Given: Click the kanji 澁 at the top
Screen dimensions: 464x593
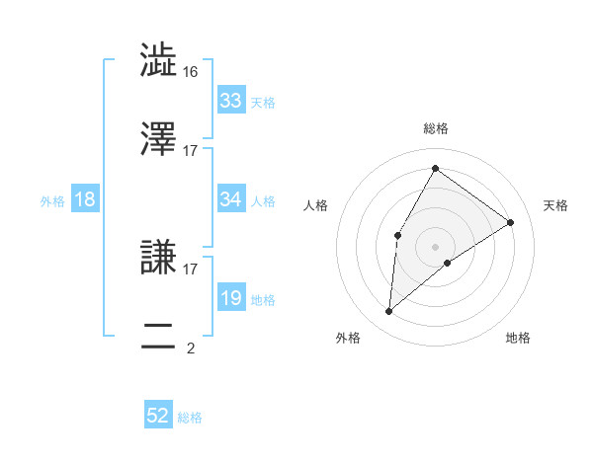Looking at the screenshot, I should tap(159, 61).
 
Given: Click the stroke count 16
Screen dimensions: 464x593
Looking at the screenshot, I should tap(191, 71).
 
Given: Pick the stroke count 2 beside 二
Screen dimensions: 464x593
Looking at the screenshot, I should tap(191, 348).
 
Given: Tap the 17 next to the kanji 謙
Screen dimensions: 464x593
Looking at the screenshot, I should tap(191, 268).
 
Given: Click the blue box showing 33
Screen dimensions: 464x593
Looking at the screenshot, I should tap(231, 101).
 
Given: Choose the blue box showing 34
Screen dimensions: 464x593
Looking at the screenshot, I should tap(231, 199).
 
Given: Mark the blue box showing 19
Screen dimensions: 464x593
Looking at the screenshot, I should tap(231, 298).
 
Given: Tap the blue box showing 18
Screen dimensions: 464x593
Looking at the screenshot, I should tap(85, 199).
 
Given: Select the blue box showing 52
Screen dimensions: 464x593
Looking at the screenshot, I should tap(158, 416).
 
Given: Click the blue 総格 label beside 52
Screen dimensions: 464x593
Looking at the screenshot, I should tap(190, 418).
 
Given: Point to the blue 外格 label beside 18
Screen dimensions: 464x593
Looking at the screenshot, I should tap(52, 201).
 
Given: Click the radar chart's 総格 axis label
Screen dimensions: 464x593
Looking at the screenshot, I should tap(435, 128).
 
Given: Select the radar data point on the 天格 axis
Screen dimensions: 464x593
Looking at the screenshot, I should tap(510, 222).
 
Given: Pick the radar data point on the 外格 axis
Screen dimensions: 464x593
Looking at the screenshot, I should tap(389, 312).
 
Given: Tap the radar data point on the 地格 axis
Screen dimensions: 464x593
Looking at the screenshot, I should tap(448, 263).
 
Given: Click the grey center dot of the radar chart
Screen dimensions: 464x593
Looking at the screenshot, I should tap(435, 246).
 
